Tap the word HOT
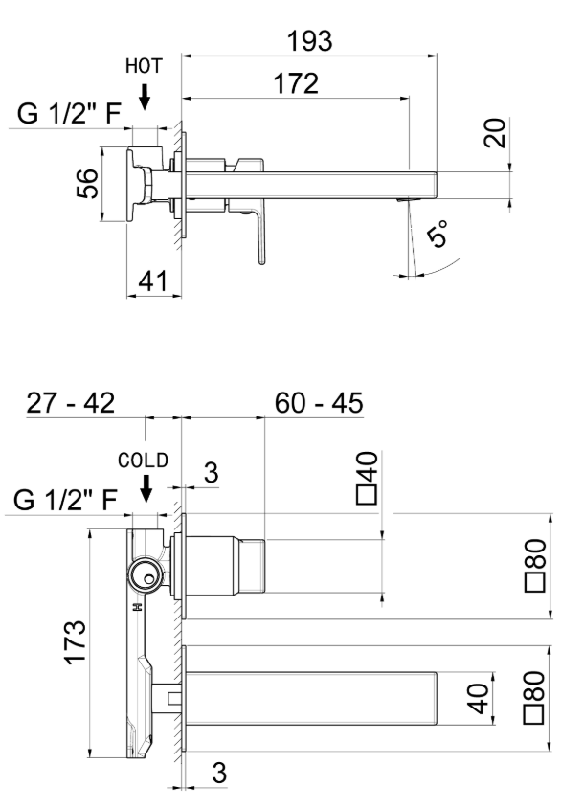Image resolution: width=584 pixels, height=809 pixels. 144,66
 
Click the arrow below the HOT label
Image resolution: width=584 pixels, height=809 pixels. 144,95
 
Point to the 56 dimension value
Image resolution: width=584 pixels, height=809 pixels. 87,185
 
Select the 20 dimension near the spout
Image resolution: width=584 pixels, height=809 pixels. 494,134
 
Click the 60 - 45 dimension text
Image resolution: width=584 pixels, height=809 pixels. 318,402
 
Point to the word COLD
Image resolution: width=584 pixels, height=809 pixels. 144,460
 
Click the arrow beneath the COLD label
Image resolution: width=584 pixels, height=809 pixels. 146,490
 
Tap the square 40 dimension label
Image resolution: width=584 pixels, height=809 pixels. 368,479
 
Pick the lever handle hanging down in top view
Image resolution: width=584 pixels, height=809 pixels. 257,237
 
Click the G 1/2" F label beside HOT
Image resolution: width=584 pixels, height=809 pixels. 69,118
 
